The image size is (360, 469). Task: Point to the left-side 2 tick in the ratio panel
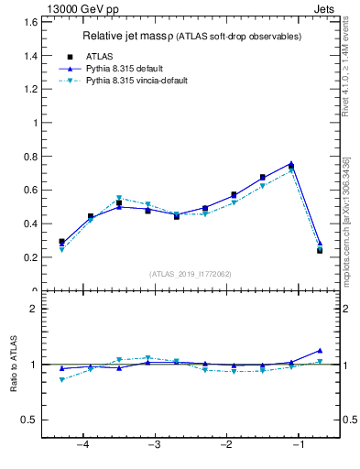33,309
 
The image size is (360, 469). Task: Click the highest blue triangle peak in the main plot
290,164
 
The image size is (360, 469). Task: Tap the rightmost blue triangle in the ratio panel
320,350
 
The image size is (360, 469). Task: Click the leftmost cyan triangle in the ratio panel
61,379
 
